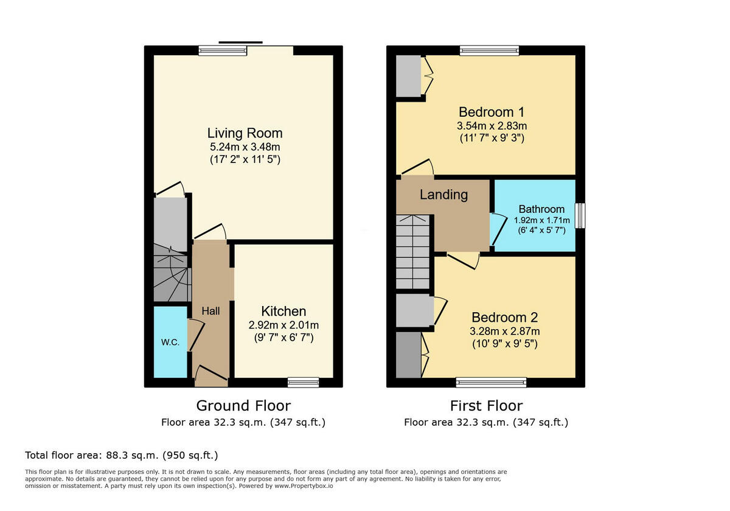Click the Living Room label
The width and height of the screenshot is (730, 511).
(x=245, y=133)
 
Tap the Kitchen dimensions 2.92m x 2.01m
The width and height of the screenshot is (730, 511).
(x=283, y=325)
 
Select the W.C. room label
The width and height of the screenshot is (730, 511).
(x=170, y=342)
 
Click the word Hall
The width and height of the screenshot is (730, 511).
(x=210, y=311)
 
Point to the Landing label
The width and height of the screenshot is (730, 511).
(x=443, y=195)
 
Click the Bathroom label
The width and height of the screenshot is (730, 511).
(x=541, y=209)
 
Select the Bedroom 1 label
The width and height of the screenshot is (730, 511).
(x=492, y=112)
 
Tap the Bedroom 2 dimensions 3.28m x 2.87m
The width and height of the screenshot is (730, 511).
(x=504, y=332)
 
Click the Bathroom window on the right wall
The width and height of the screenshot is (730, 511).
(x=580, y=215)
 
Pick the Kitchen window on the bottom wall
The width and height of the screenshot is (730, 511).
(x=303, y=382)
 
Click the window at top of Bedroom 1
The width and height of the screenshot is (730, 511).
(x=489, y=50)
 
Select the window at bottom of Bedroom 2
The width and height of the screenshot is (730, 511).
(x=491, y=382)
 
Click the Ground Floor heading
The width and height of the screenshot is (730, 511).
(x=243, y=405)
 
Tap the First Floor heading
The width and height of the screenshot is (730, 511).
(x=486, y=405)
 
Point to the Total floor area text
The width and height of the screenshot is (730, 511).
(x=122, y=455)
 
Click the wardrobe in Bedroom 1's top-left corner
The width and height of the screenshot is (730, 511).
(x=408, y=76)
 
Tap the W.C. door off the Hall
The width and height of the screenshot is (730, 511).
(x=195, y=335)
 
